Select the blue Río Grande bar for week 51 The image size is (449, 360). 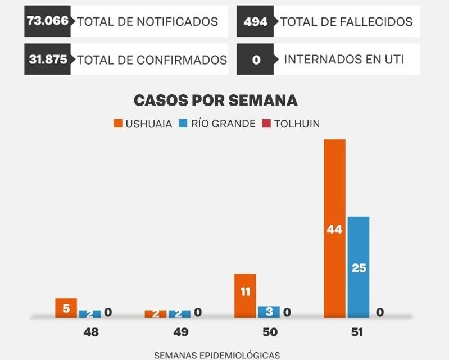point(359,267)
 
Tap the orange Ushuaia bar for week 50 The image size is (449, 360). point(245,295)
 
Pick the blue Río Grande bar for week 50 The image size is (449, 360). point(269,312)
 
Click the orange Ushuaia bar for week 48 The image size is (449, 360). point(66,308)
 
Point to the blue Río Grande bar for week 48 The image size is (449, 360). point(89,314)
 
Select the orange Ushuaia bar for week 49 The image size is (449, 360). point(156,314)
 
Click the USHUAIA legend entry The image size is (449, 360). point(143,124)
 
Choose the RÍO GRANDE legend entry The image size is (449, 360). point(217,124)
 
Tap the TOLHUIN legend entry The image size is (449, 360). point(291,124)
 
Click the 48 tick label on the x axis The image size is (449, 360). point(90,332)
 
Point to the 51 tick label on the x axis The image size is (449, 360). point(357,332)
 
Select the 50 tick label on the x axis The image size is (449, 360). point(270,332)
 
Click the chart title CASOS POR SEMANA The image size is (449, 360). point(215,101)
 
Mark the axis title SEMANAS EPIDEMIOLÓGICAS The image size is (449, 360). point(216,354)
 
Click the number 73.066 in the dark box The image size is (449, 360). point(48,21)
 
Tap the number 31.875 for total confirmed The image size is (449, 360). point(48,59)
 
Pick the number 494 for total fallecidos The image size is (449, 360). point(255,21)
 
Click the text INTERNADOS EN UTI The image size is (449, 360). point(344,59)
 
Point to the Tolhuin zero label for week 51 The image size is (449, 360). point(380,312)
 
